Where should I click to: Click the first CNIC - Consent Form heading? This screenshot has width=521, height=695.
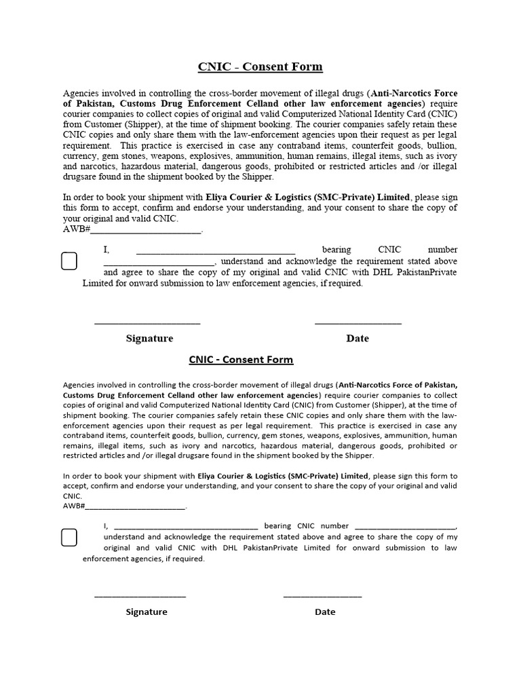pyautogui.click(x=260, y=67)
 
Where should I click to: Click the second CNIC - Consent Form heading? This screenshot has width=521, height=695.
pyautogui.click(x=241, y=360)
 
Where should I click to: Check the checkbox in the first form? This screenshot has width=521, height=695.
pyautogui.click(x=69, y=261)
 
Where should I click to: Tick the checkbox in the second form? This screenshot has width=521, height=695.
pyautogui.click(x=69, y=538)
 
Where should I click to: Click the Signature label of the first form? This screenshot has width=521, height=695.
pyautogui.click(x=149, y=338)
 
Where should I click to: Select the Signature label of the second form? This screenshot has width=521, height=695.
pyautogui.click(x=147, y=612)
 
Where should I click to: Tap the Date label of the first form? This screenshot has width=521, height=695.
pyautogui.click(x=358, y=338)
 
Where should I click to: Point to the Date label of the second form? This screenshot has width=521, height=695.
pyautogui.click(x=325, y=612)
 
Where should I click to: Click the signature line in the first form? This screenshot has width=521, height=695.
pyautogui.click(x=147, y=322)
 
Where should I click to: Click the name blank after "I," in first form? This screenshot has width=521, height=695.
pyautogui.click(x=216, y=251)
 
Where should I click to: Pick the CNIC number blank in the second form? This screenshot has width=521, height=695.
pyautogui.click(x=406, y=527)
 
